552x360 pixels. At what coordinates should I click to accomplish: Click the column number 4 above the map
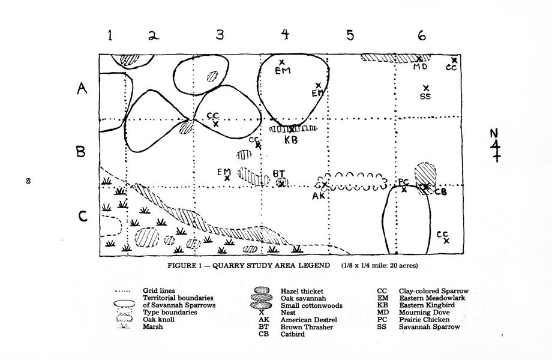[286, 34]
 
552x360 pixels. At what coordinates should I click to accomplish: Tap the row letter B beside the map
[80, 152]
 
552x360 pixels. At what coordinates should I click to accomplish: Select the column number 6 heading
[422, 35]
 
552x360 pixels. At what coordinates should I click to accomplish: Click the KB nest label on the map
[291, 140]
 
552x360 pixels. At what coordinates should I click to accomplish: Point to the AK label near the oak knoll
[319, 196]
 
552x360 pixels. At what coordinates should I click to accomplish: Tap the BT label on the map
[279, 173]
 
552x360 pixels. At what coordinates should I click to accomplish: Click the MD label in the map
[421, 67]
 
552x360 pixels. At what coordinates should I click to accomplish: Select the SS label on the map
[425, 96]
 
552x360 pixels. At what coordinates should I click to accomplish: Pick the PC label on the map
[403, 182]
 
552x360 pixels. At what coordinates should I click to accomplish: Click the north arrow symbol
[496, 146]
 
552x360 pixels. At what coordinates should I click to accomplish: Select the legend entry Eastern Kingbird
[427, 305]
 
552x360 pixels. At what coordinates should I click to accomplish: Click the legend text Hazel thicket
[302, 291]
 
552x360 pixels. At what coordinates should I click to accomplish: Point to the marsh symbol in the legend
[123, 326]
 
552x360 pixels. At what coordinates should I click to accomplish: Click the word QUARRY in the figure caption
[229, 265]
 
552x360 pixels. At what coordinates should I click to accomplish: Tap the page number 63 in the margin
[28, 181]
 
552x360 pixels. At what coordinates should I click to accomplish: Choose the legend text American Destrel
[308, 320]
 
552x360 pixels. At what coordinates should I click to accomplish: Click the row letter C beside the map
[82, 216]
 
